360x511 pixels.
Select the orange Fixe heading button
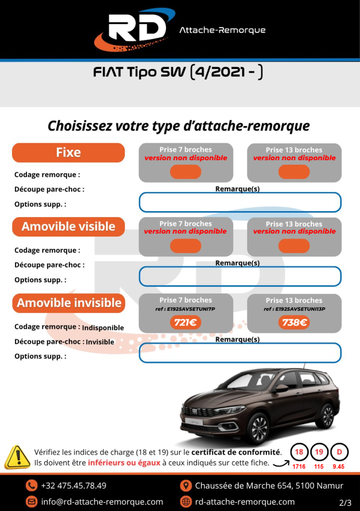(x=68, y=153)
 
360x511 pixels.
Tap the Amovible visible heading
(x=68, y=227)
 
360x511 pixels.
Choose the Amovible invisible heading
(x=69, y=303)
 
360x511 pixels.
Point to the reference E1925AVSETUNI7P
(x=185, y=309)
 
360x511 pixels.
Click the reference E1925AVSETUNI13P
(x=294, y=309)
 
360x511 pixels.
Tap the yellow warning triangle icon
(x=17, y=457)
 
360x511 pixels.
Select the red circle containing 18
(x=299, y=453)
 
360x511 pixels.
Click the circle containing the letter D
(x=339, y=453)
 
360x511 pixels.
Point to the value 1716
(x=299, y=467)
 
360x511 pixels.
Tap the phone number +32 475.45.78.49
(x=73, y=486)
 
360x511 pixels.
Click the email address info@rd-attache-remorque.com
(x=102, y=502)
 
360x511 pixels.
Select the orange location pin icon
(x=185, y=486)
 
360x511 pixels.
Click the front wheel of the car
(x=258, y=427)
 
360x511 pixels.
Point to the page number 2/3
(x=345, y=502)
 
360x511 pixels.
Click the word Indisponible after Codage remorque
(x=103, y=328)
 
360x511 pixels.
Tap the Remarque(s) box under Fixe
(x=240, y=202)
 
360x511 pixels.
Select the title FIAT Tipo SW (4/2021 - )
(x=178, y=73)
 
